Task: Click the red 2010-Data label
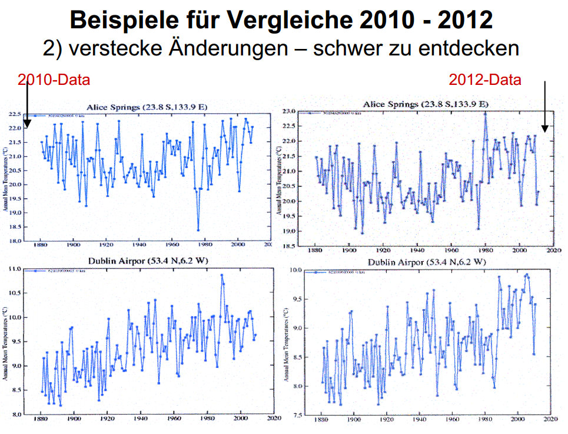54,80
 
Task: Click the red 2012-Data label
485,80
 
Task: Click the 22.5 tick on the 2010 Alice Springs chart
15,114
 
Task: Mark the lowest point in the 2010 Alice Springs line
198,230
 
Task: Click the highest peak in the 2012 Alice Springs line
485,113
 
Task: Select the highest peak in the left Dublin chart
222,275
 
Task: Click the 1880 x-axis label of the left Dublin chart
40,421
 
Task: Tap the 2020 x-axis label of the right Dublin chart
550,421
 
